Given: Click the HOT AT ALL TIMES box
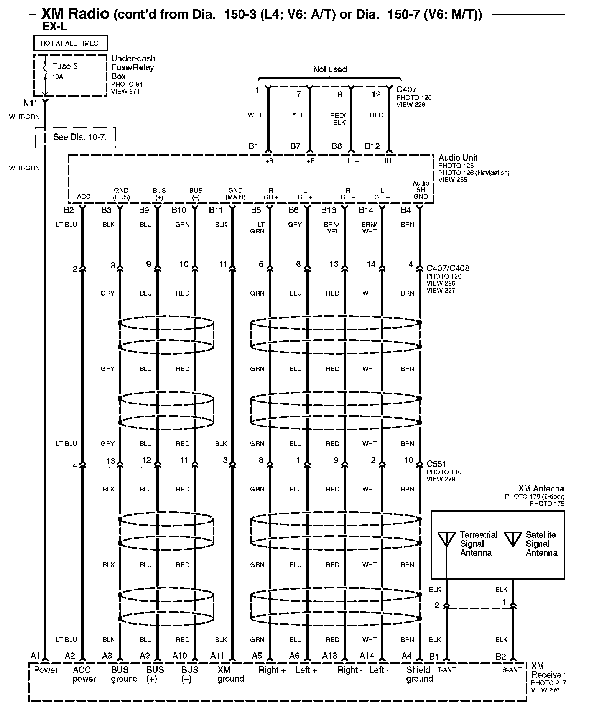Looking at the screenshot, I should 69,43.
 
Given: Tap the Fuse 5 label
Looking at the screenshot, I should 64,66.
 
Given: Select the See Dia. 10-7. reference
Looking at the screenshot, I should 80,137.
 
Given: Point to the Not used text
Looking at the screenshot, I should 330,69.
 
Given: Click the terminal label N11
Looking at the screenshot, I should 30,103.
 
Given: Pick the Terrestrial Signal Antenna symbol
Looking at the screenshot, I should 446,539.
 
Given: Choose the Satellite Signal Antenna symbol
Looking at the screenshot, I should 513,539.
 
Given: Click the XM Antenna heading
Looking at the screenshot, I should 541,488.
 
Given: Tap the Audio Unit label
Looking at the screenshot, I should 458,158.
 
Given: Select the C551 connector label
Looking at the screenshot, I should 436,464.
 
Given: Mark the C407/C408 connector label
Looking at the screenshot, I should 448,268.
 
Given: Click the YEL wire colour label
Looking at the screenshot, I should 298,115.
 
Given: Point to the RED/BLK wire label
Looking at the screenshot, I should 338,119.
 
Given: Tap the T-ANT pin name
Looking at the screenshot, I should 446,670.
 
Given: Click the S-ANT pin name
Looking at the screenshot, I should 512,670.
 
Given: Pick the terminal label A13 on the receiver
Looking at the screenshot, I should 329,656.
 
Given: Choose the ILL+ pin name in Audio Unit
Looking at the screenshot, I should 352,161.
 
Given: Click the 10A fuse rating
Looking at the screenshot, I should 57,77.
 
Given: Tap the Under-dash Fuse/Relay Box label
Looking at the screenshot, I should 133,67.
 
